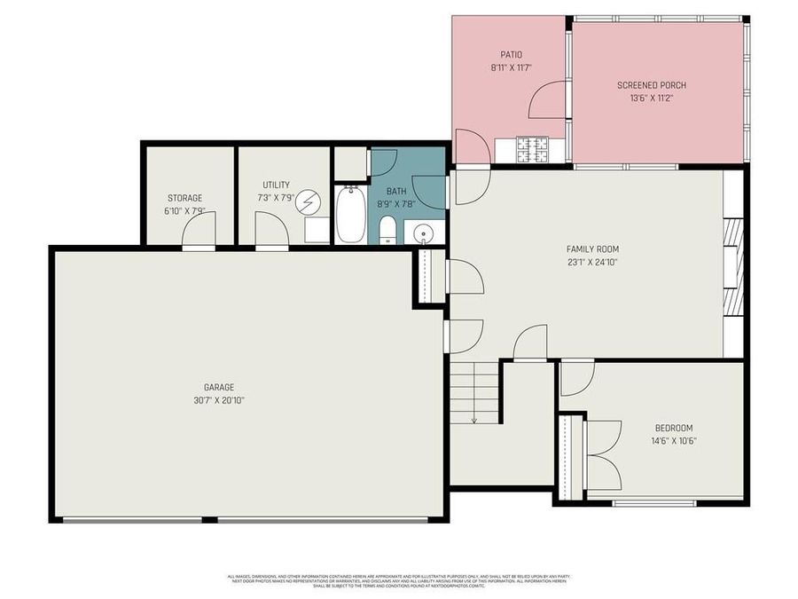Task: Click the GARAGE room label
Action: click(x=219, y=387)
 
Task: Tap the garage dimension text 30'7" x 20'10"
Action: click(x=219, y=399)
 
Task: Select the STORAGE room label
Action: click(x=184, y=198)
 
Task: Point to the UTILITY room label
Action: click(x=276, y=185)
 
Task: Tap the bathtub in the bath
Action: click(x=350, y=215)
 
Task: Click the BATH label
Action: click(x=395, y=191)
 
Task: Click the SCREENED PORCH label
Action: click(x=652, y=85)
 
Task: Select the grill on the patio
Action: click(x=534, y=150)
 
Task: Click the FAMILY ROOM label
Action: click(x=592, y=249)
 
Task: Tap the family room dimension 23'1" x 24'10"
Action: click(x=592, y=262)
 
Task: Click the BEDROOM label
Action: click(x=673, y=428)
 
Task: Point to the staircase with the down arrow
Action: click(x=474, y=392)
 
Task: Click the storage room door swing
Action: click(x=199, y=230)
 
